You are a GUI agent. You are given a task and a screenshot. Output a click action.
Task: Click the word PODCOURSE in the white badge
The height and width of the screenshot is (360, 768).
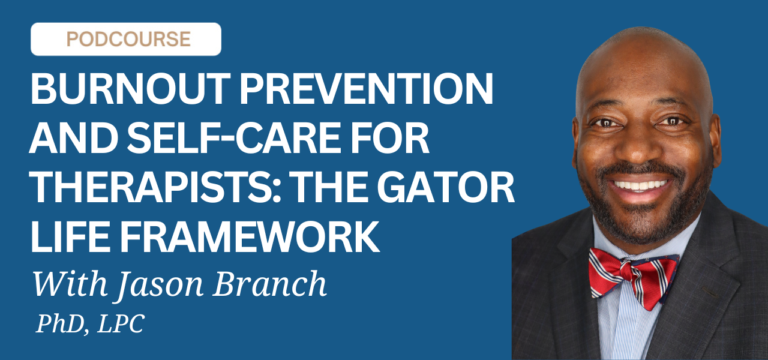click(x=128, y=39)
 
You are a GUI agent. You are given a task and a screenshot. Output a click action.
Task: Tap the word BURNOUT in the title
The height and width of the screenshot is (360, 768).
click(x=131, y=88)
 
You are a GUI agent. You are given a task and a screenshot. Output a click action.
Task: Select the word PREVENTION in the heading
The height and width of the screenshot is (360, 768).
click(x=366, y=88)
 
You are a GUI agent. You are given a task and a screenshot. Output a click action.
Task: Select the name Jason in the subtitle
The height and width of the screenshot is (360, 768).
click(x=160, y=284)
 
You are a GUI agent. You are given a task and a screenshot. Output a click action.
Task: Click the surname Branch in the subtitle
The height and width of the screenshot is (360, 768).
click(x=269, y=283)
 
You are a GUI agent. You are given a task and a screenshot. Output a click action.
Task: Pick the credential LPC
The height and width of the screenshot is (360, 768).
click(x=121, y=323)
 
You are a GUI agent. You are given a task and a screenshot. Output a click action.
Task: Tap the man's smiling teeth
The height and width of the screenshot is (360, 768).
click(x=640, y=185)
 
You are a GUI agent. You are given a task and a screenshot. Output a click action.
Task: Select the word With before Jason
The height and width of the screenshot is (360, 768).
click(x=70, y=283)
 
